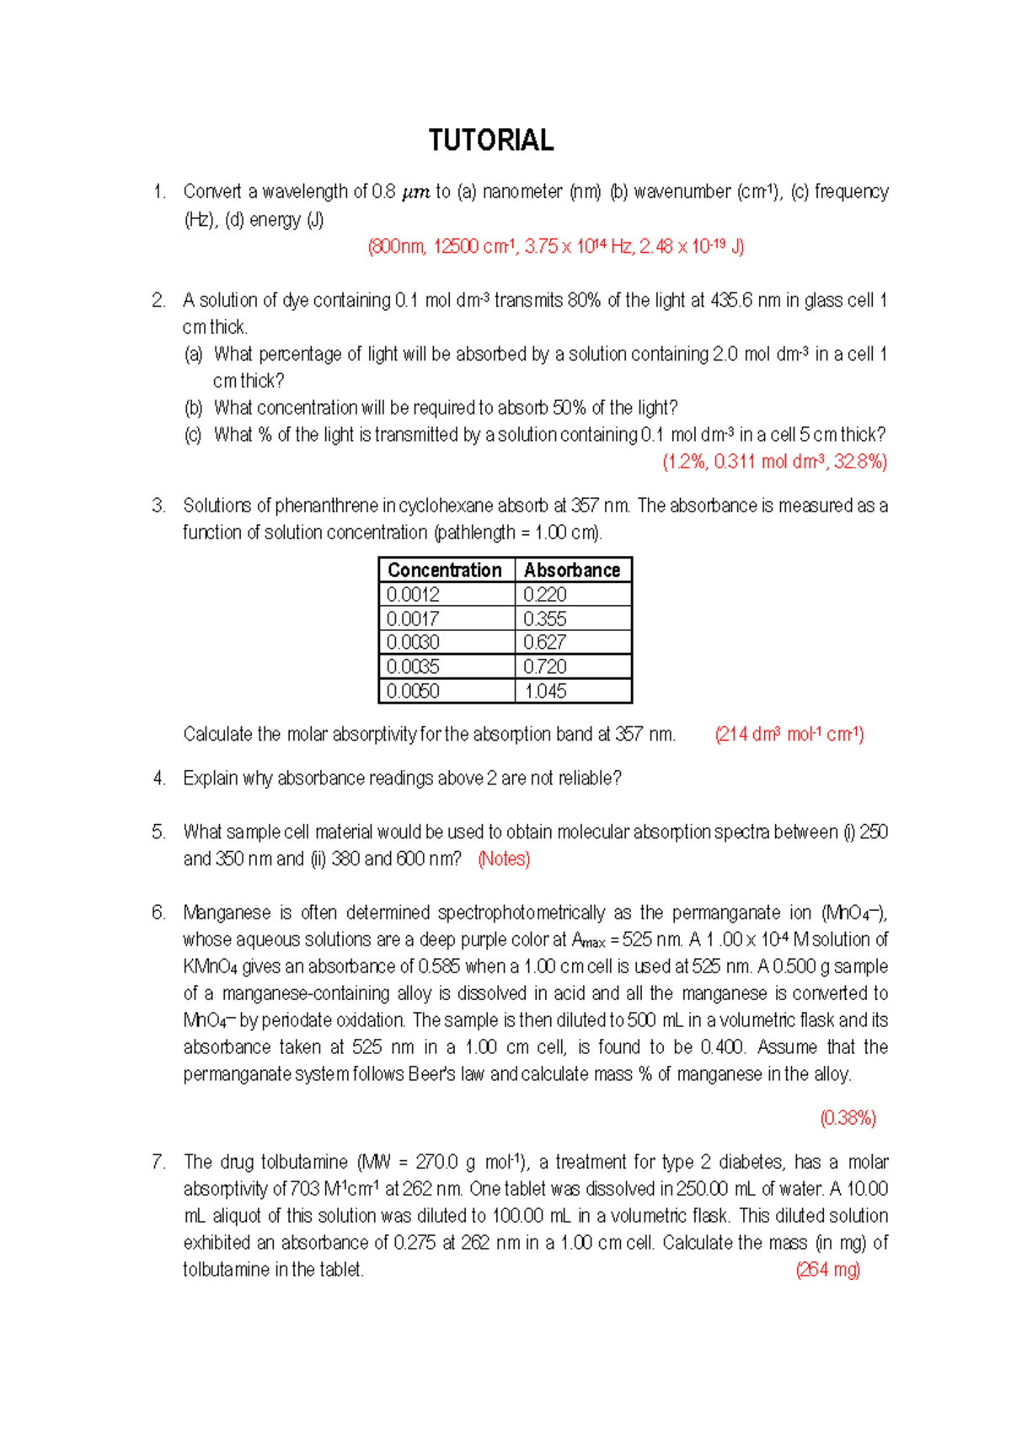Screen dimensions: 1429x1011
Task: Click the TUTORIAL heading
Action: click(x=490, y=140)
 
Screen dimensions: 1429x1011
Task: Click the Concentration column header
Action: click(x=444, y=570)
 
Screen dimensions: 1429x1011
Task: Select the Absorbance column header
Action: click(x=571, y=570)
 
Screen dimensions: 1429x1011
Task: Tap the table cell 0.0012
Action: click(x=413, y=594)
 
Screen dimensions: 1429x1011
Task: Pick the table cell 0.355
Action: click(x=544, y=618)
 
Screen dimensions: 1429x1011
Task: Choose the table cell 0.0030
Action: click(x=413, y=642)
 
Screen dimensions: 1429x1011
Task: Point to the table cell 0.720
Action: click(x=544, y=666)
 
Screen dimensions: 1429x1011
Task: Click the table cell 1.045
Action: click(x=544, y=691)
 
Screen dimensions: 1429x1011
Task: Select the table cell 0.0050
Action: click(x=413, y=691)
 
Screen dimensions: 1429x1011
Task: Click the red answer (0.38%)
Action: click(x=848, y=1118)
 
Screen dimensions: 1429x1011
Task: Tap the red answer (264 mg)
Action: click(x=827, y=1270)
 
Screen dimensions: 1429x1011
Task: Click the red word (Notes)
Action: click(x=504, y=859)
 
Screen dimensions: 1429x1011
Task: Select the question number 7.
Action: click(x=158, y=1162)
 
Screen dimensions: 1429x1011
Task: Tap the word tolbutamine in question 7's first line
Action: click(x=303, y=1162)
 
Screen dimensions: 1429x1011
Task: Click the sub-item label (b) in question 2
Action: click(x=194, y=408)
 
